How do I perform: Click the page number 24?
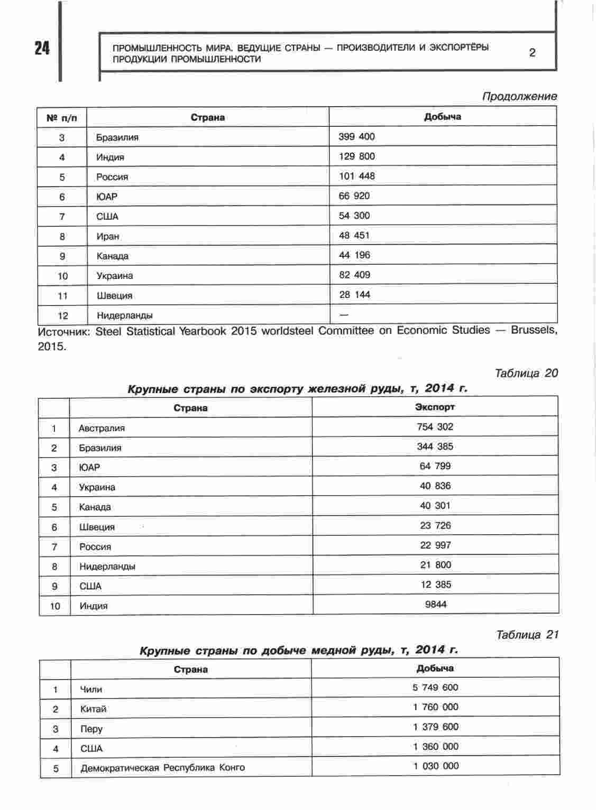tap(42, 48)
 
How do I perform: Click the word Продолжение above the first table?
tap(519, 96)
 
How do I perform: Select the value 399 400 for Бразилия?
tap(356, 136)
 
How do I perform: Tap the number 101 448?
tap(356, 176)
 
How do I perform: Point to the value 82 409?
tap(354, 275)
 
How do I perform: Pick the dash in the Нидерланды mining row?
tap(344, 314)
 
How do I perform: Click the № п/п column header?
tap(62, 118)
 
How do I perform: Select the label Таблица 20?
tap(526, 373)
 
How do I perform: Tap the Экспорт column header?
tap(435, 407)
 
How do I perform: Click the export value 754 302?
tap(435, 426)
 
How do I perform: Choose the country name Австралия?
tap(102, 428)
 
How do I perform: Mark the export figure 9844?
tap(435, 604)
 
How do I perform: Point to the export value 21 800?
tap(435, 565)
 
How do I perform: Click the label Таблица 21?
tap(527, 635)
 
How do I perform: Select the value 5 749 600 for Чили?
tap(435, 687)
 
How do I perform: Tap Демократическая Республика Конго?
tap(162, 768)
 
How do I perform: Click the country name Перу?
tap(91, 729)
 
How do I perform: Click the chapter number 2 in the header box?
tap(532, 52)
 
